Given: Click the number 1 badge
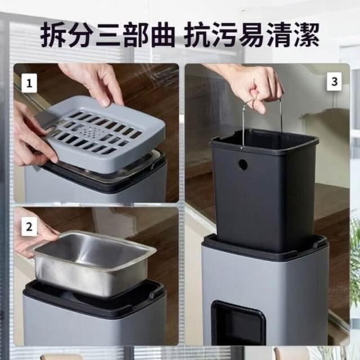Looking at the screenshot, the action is coord(29,83).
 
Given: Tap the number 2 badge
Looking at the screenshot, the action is coord(29,226).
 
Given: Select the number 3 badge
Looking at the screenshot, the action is coord(334,82).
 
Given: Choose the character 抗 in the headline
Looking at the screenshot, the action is coord(197,34).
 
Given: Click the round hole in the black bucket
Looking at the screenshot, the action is coord(243,164).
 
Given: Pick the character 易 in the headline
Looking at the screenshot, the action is coord(251,34).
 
